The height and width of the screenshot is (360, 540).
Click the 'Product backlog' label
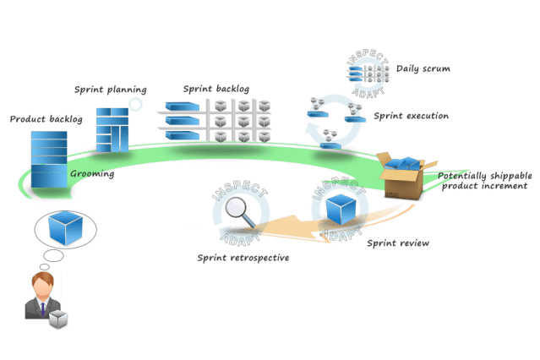tap(46, 119)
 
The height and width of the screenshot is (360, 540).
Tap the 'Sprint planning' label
tap(111, 89)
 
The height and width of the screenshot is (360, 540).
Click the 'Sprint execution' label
tap(411, 116)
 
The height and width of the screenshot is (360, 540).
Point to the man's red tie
tap(40, 304)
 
